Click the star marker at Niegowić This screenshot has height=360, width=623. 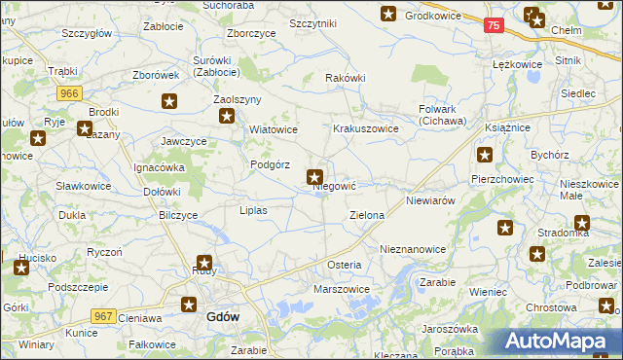tap(315, 177)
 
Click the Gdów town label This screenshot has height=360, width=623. tap(224, 317)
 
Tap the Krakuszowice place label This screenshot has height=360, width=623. tap(365, 128)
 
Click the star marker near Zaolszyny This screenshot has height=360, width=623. tap(227, 117)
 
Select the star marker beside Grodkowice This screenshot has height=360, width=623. tap(388, 14)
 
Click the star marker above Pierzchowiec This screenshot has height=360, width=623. tap(485, 154)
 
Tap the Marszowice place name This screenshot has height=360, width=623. tap(341, 289)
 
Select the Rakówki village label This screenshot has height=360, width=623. tap(345, 79)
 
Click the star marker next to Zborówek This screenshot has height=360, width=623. tap(170, 100)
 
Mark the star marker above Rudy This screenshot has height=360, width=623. tap(205, 262)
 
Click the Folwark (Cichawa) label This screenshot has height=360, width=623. tap(443, 115)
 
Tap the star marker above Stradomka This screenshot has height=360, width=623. tap(582, 221)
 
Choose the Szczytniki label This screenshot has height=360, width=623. tap(313, 23)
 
